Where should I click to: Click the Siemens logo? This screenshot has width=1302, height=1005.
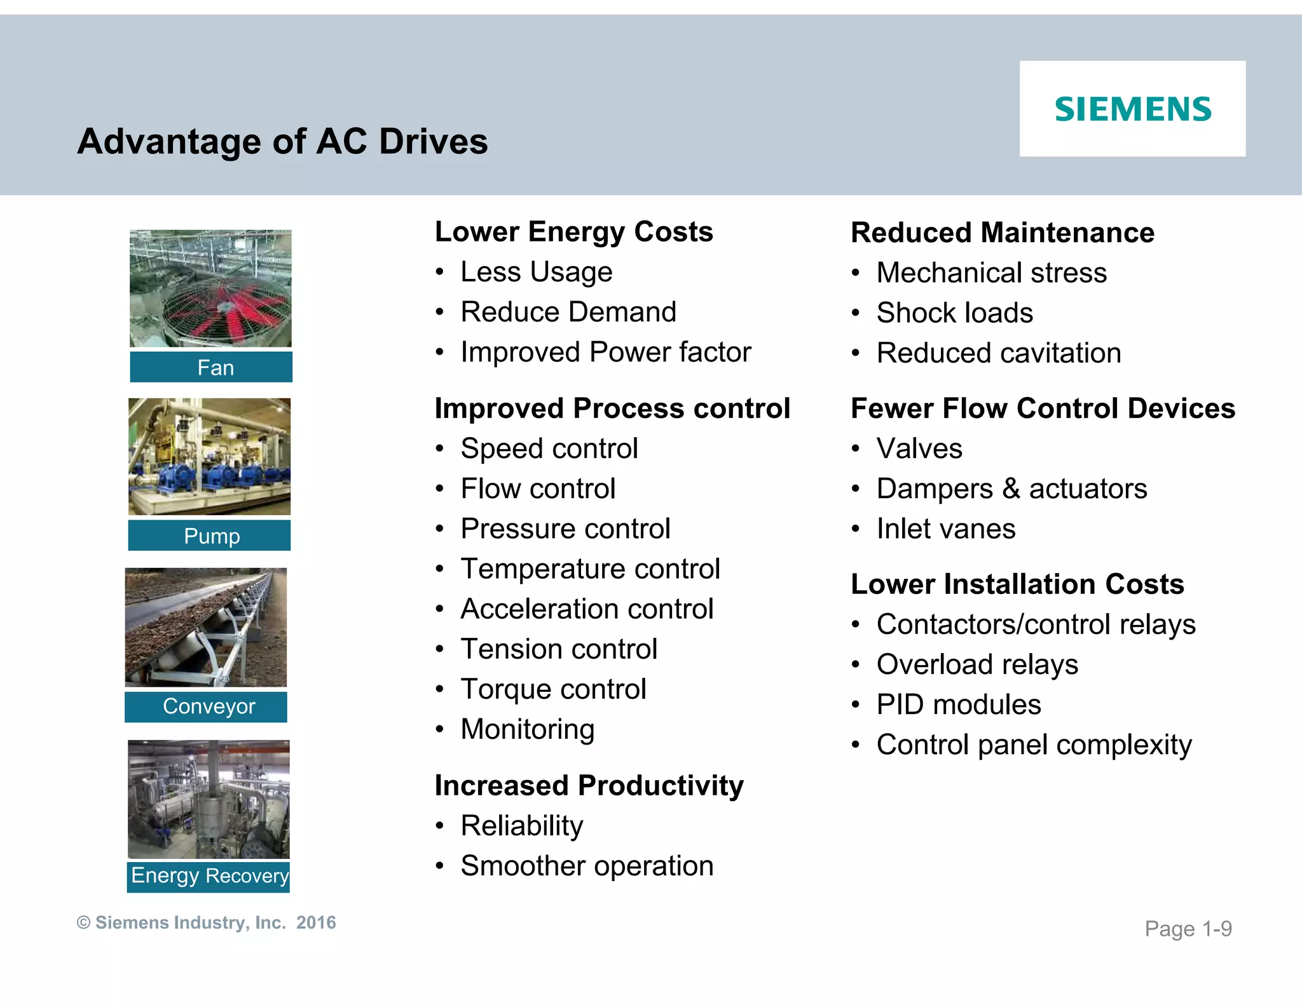click(x=1133, y=109)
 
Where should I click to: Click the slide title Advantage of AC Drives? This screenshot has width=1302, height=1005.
click(x=282, y=141)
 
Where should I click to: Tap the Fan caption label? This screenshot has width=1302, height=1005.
click(x=211, y=367)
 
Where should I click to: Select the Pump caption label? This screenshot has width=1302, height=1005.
click(x=210, y=536)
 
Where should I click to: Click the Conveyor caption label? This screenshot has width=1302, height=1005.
click(x=206, y=706)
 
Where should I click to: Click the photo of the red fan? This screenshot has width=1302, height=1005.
click(x=211, y=288)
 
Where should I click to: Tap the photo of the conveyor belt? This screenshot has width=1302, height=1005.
click(x=206, y=627)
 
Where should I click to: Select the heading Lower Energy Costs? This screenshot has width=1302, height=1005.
click(x=573, y=232)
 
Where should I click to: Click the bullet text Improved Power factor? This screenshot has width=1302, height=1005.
click(x=605, y=352)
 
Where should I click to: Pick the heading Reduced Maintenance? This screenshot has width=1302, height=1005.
click(x=1002, y=233)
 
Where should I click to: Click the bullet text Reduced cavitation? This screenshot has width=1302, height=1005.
click(x=998, y=353)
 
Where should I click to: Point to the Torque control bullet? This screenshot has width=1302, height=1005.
click(x=553, y=689)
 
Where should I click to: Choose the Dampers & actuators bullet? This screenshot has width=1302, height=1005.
click(x=1011, y=489)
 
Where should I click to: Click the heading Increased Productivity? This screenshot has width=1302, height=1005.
click(x=589, y=786)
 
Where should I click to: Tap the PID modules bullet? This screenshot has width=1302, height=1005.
click(x=958, y=705)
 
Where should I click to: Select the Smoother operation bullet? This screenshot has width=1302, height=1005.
click(x=586, y=866)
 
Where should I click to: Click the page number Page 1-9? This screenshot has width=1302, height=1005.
click(x=1188, y=929)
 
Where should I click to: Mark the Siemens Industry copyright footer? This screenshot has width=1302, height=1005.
click(x=206, y=922)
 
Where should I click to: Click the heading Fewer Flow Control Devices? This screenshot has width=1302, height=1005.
click(x=1043, y=408)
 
